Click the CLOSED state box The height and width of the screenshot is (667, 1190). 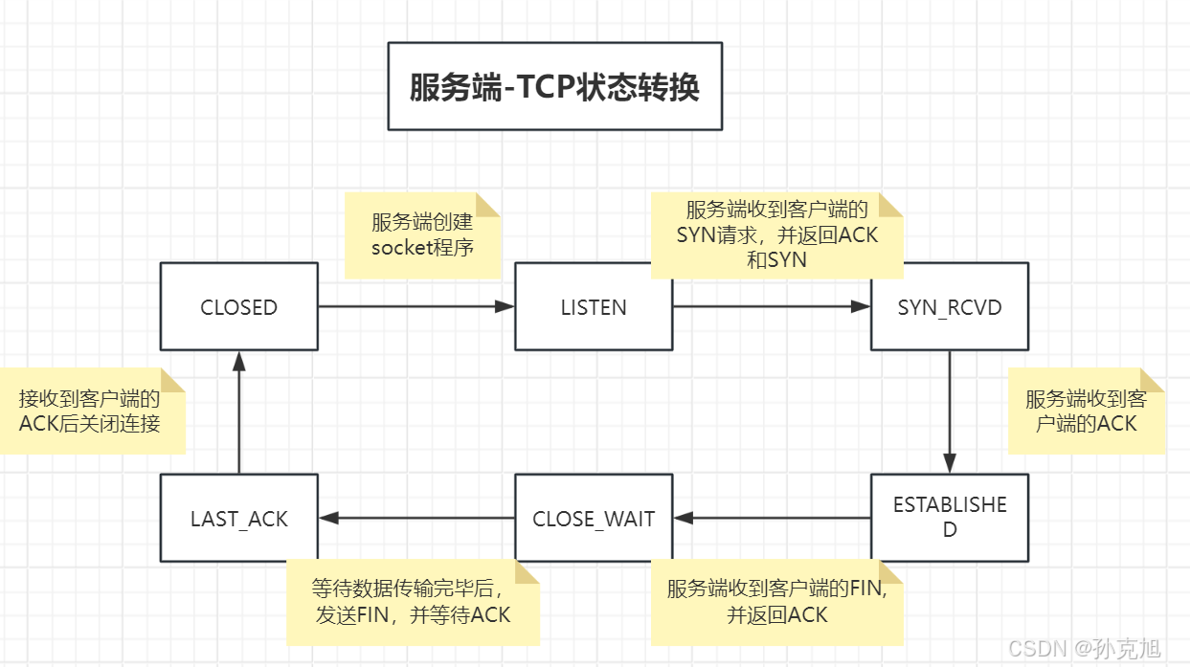[x=238, y=307]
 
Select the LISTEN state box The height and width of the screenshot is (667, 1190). [x=594, y=307]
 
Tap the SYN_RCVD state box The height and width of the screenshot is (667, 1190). [x=950, y=307]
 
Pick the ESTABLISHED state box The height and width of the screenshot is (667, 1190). [x=950, y=517]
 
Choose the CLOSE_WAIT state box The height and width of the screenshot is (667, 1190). [x=594, y=518]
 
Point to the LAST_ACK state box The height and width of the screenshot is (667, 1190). [x=238, y=518]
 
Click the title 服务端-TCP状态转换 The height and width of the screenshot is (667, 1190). [x=554, y=86]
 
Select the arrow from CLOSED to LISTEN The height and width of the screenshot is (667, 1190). [x=416, y=307]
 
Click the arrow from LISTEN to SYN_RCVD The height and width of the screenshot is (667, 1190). [x=772, y=307]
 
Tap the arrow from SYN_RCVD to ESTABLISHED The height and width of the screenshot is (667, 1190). [x=950, y=411]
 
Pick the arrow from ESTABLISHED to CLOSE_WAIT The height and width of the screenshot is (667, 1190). [x=772, y=518]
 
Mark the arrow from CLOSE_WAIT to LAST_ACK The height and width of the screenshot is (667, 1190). [x=416, y=518]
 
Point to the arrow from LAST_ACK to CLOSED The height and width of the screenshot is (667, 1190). [x=238, y=411]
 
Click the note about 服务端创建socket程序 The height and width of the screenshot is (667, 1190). [x=422, y=234]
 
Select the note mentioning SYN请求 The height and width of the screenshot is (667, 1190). [x=776, y=235]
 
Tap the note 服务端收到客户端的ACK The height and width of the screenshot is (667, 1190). [x=1086, y=411]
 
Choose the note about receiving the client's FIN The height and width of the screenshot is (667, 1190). [x=776, y=602]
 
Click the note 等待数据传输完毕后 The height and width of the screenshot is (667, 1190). [x=413, y=602]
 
